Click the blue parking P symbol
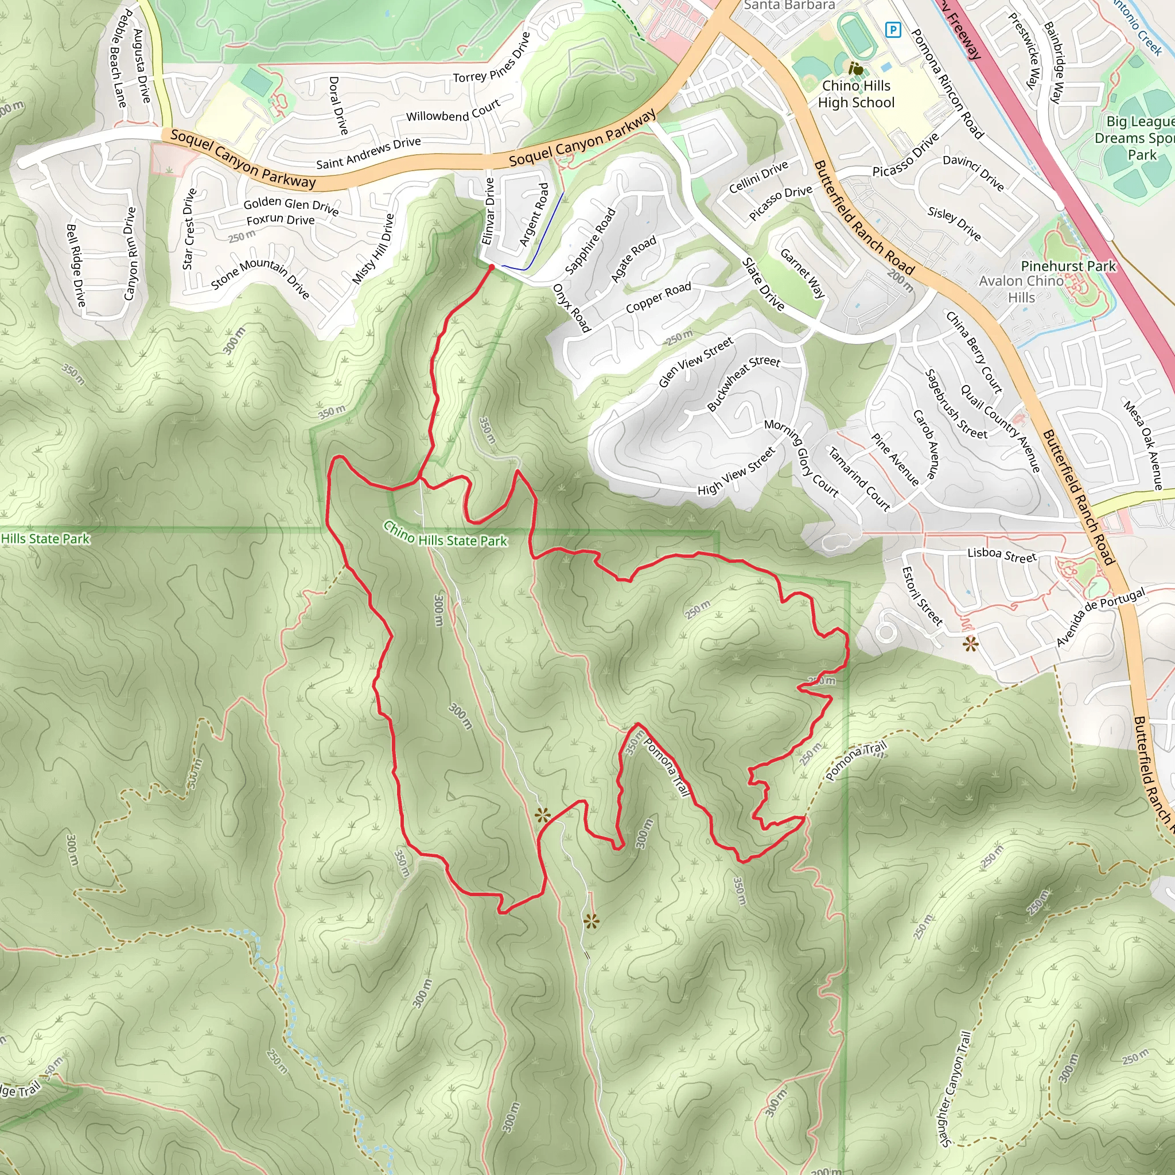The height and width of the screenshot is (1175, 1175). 893,29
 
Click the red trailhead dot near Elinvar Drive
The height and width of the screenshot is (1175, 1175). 492,266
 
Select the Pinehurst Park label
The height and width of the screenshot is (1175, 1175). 1068,266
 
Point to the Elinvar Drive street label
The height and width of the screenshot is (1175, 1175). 488,211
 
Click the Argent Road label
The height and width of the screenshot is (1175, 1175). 534,215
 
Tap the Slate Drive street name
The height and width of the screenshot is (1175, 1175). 762,284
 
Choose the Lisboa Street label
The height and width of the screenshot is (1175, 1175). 1002,555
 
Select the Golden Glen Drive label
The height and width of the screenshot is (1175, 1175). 291,205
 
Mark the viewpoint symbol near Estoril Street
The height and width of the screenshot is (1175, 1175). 970,644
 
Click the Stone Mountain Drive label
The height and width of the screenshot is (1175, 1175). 260,277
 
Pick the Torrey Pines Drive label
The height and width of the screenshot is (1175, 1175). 492,59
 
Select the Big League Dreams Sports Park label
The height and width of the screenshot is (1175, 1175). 1135,138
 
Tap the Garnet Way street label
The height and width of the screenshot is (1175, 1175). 802,273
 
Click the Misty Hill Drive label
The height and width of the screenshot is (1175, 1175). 373,249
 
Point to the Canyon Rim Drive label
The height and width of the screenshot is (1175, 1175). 130,253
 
